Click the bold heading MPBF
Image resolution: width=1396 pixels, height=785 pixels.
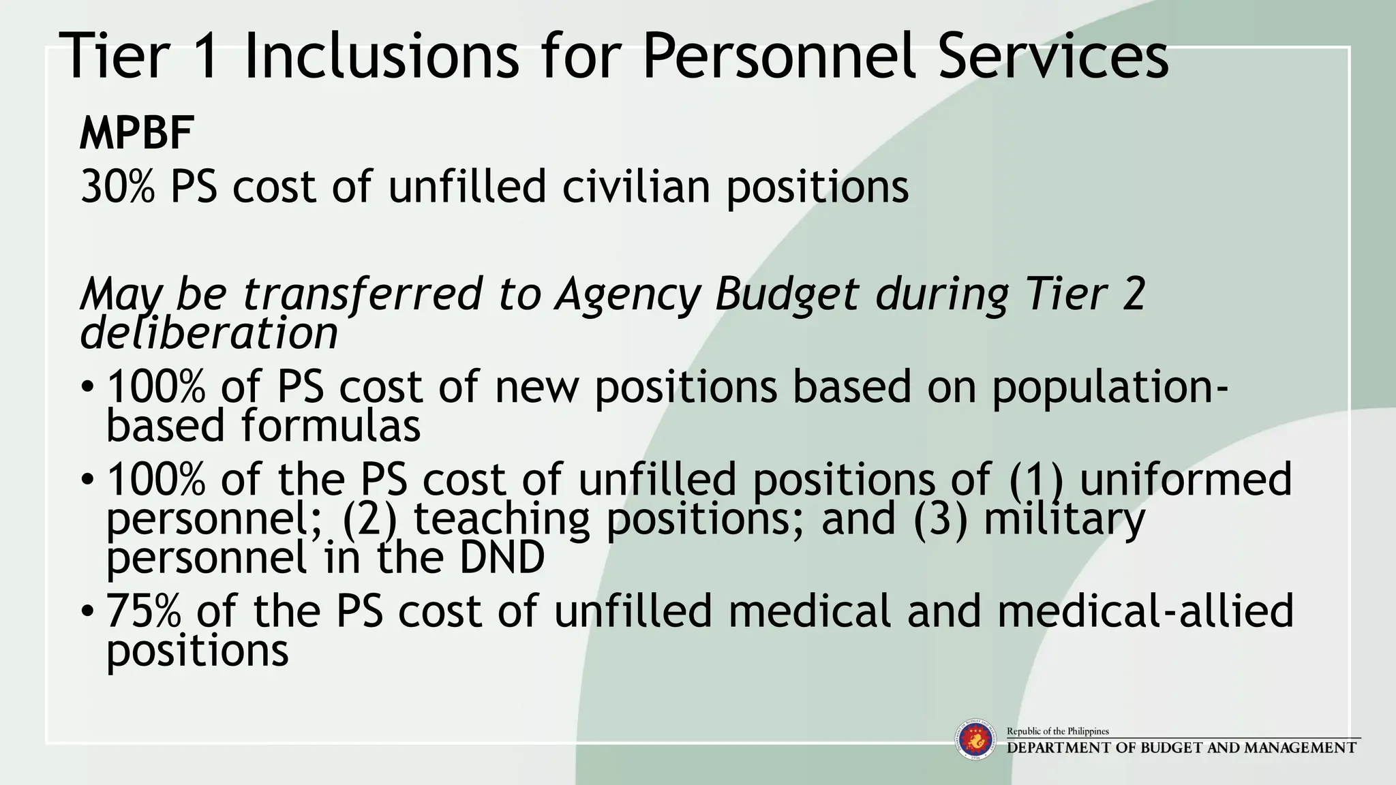(136, 134)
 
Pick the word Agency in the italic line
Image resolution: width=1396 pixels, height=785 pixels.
(628, 294)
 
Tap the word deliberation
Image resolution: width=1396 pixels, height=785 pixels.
(209, 334)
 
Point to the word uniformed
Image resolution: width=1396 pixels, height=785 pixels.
(1185, 479)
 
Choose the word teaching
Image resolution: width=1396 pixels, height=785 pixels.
(502, 519)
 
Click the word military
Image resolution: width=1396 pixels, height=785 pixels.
(1064, 519)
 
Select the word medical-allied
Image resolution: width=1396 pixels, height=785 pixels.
(1144, 611)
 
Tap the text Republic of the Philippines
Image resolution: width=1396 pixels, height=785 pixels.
(1058, 731)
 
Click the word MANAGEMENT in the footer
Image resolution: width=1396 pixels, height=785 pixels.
(1300, 748)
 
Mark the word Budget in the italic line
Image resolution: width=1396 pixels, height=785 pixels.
(787, 294)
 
